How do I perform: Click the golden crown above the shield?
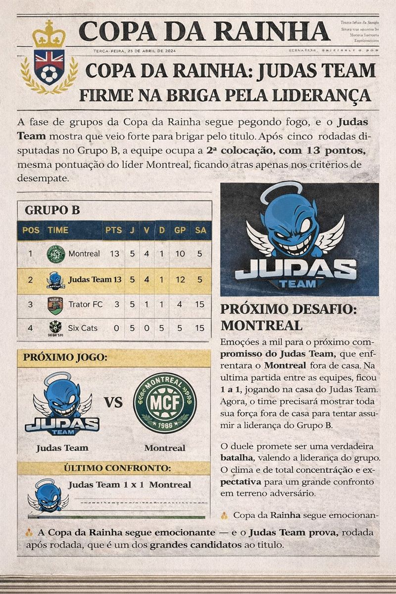(x=49, y=36)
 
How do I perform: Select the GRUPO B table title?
(x=52, y=210)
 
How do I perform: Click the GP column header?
(x=180, y=230)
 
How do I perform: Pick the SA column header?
(x=200, y=230)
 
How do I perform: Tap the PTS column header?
(x=114, y=230)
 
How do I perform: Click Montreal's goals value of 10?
(x=180, y=254)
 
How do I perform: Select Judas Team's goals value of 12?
(x=180, y=280)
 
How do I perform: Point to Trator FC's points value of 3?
(x=117, y=304)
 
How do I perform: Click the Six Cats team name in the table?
(x=83, y=328)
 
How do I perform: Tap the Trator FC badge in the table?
(x=55, y=305)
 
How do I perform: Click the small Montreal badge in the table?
(x=55, y=254)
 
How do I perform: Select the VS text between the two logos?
(x=113, y=402)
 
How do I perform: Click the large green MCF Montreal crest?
(x=165, y=403)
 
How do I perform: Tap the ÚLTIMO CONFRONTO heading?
(x=117, y=468)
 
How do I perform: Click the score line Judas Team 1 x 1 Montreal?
(x=129, y=485)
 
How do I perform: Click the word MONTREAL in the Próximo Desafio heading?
(x=261, y=325)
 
